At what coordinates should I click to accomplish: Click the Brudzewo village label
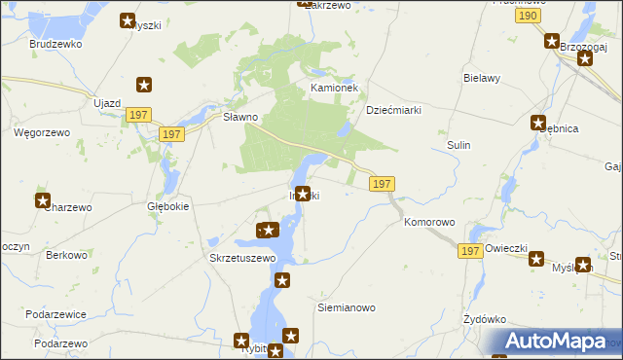[55, 44]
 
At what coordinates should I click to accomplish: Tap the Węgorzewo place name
[38, 131]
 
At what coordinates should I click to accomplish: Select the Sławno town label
[239, 117]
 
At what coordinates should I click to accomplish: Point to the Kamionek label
[335, 88]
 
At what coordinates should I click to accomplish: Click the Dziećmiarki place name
[392, 110]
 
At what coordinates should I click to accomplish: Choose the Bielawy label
[482, 78]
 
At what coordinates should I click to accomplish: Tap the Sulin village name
[458, 145]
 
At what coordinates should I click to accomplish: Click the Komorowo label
[429, 222]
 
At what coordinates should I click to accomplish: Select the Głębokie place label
[167, 206]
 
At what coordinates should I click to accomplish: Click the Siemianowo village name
[347, 307]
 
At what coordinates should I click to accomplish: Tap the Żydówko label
[486, 319]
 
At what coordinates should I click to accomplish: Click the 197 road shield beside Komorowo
[470, 251]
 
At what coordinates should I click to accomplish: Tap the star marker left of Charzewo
[43, 201]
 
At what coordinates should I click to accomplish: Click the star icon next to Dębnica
[538, 123]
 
